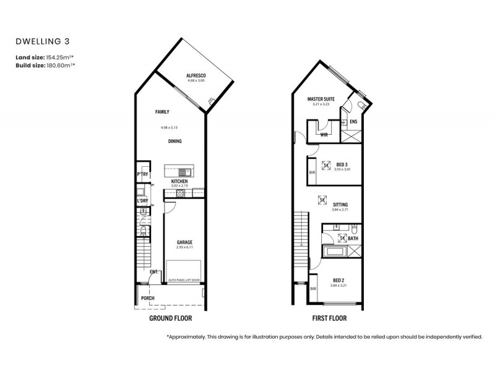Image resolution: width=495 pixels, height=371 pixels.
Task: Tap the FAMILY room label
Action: point(162,112)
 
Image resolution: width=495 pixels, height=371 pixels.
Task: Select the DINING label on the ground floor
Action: point(175,142)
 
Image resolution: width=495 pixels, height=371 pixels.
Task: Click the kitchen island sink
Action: point(184,171)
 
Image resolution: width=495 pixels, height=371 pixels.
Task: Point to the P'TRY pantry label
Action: point(142,174)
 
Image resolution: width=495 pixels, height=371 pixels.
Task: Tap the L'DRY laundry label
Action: point(142,200)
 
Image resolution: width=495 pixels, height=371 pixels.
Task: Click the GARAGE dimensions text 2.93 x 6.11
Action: point(185,247)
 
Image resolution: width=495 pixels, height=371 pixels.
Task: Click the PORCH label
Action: point(148,298)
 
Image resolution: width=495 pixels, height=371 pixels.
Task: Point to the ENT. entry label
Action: point(153,271)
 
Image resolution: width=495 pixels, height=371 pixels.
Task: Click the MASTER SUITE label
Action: point(321,99)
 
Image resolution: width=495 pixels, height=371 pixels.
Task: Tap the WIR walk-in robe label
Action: point(324,134)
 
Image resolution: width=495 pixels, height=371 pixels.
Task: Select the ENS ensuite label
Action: point(353,122)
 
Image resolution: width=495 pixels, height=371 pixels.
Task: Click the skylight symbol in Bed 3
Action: point(326,165)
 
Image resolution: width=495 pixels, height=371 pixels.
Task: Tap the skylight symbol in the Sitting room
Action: point(321,199)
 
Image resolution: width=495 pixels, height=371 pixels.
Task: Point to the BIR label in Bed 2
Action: point(314,288)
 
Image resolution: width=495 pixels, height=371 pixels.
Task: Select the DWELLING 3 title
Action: point(38,42)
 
